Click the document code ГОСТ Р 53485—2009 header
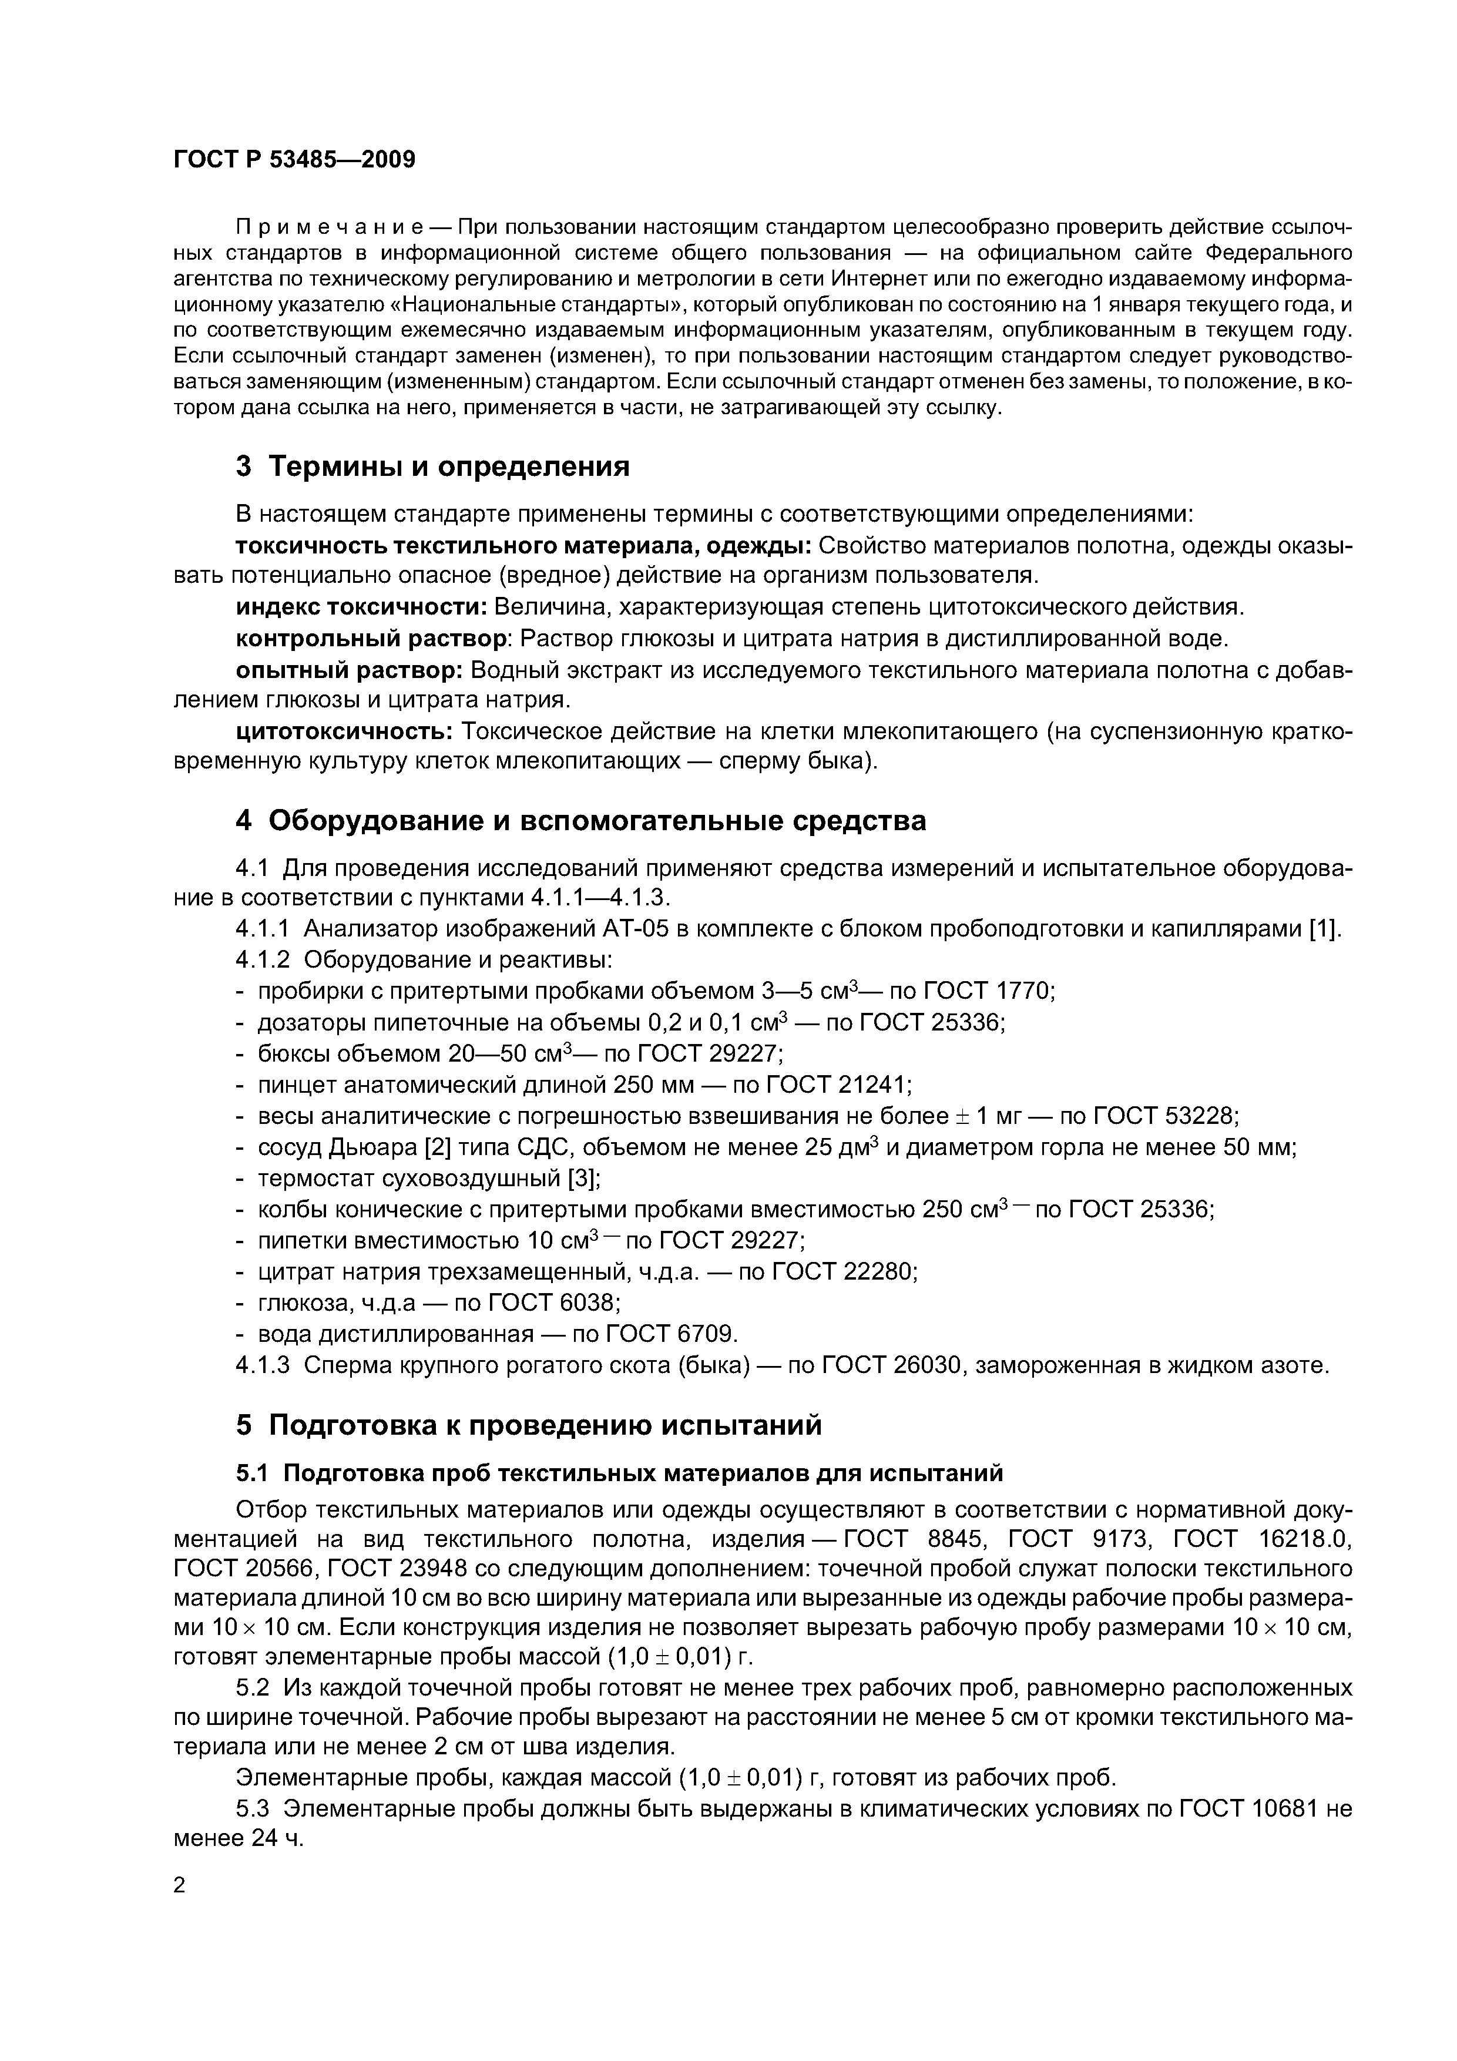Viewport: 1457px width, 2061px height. coord(294,160)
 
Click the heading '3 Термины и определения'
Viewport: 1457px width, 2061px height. coord(433,466)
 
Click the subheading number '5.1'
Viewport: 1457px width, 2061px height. coord(254,1473)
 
